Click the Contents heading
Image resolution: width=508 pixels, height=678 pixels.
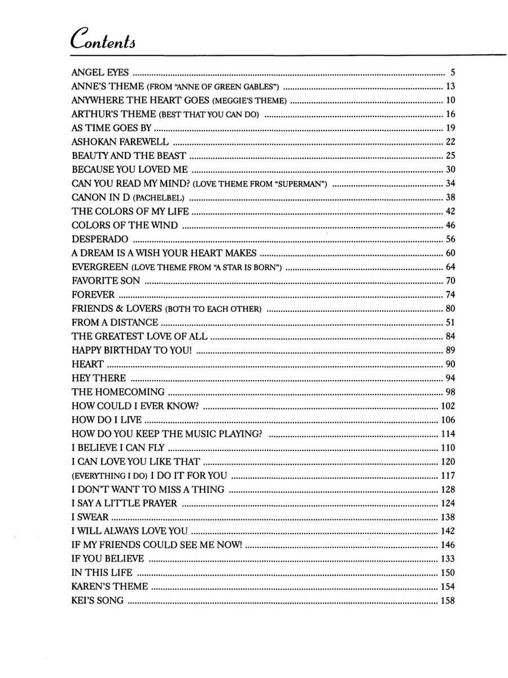click(x=106, y=40)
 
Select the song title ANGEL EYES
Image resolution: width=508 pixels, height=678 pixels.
click(x=100, y=73)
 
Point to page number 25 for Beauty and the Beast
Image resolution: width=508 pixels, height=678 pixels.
click(x=450, y=156)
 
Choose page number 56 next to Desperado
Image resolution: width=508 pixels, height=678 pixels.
click(x=450, y=239)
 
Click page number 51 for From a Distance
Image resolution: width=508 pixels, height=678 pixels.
click(x=450, y=322)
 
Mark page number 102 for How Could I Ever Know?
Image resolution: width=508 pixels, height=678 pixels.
click(x=448, y=406)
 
